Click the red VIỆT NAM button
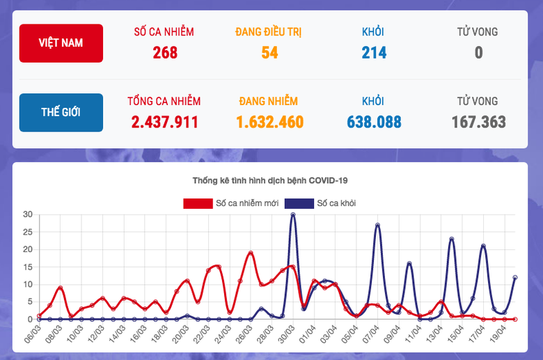(x=62, y=43)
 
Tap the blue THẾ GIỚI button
(x=62, y=112)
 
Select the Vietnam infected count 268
(x=164, y=52)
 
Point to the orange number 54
(x=269, y=52)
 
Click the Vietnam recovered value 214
(x=374, y=52)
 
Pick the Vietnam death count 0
(x=478, y=52)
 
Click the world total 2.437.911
(x=164, y=122)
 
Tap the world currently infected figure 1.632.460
(x=269, y=122)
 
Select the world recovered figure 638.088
(x=374, y=122)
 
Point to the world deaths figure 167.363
(x=478, y=122)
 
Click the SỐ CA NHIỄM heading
(x=164, y=31)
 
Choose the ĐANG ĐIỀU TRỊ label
(x=269, y=31)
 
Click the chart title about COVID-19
(x=269, y=181)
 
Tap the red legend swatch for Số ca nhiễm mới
(x=198, y=203)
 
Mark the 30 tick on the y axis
(x=28, y=214)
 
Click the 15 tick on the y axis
(x=28, y=267)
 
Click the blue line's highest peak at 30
(x=293, y=214)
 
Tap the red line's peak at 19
(x=251, y=253)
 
